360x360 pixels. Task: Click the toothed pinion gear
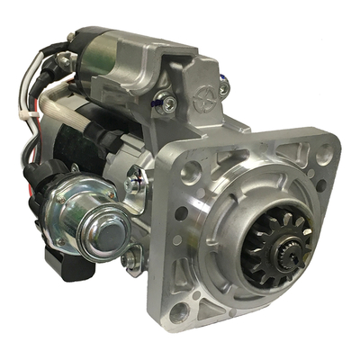pyautogui.click(x=271, y=243)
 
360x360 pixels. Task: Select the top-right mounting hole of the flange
pyautogui.click(x=322, y=155)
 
